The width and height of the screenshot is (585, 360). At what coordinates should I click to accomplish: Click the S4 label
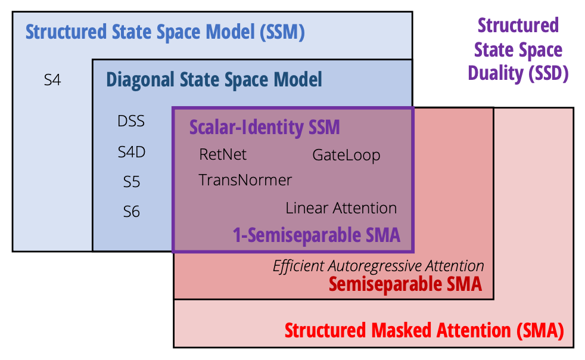tap(52, 79)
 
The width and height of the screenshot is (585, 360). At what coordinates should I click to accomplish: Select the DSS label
tap(131, 122)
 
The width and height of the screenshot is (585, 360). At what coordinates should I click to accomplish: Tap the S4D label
tap(132, 152)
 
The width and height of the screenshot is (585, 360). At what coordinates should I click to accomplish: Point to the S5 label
tap(132, 182)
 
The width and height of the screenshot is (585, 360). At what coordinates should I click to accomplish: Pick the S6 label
tap(132, 212)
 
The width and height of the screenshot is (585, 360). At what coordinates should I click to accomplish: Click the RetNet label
tap(223, 155)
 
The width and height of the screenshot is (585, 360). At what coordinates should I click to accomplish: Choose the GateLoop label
tap(346, 156)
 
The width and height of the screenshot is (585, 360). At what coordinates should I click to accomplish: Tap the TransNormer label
tap(245, 180)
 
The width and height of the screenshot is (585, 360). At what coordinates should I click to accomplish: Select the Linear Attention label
tap(341, 208)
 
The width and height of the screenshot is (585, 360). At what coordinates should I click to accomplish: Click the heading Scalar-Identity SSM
tap(265, 127)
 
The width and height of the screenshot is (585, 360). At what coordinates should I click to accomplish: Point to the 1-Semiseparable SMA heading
tap(316, 235)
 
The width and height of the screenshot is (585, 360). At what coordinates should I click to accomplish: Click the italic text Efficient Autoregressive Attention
tap(378, 266)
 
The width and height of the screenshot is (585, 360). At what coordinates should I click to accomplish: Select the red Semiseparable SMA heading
tap(405, 284)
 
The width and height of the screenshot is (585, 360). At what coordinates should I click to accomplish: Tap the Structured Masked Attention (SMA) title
tap(424, 330)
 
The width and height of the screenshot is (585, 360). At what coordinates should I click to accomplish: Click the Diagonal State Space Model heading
tap(214, 79)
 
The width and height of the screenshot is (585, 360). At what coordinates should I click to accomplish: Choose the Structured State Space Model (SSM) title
tap(165, 32)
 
